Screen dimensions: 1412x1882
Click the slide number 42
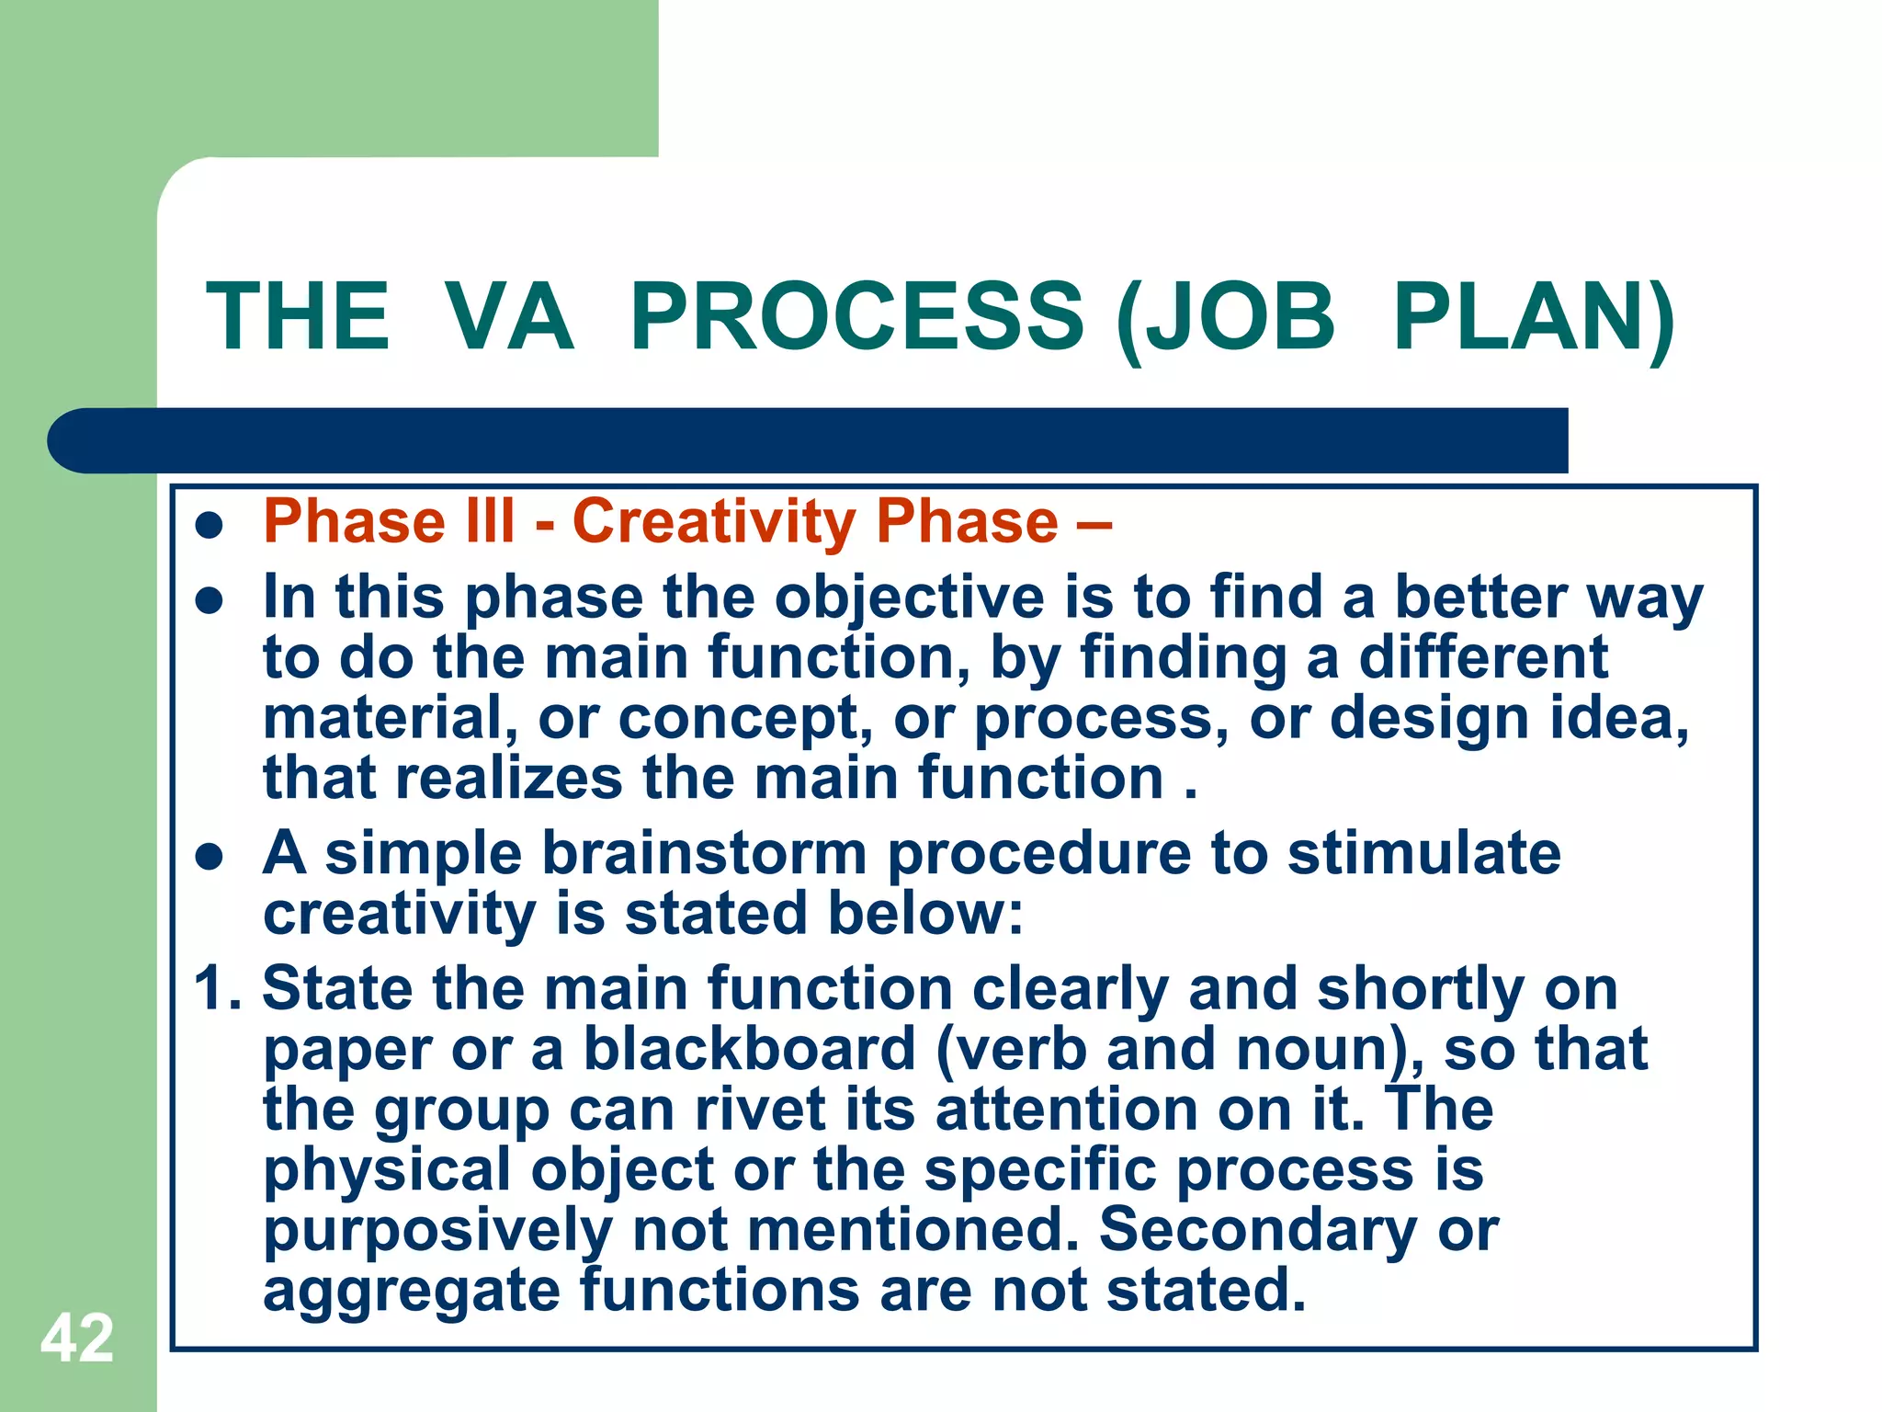(x=77, y=1338)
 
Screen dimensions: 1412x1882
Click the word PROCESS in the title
(x=856, y=317)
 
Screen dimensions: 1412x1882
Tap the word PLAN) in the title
(x=1533, y=317)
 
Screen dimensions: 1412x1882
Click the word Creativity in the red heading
(x=713, y=522)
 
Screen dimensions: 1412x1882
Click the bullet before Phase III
(x=210, y=526)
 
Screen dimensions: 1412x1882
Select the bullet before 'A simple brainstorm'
(x=210, y=857)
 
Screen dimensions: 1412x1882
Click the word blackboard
(x=750, y=1049)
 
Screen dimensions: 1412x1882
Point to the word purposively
(x=437, y=1232)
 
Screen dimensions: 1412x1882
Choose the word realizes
(x=510, y=779)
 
